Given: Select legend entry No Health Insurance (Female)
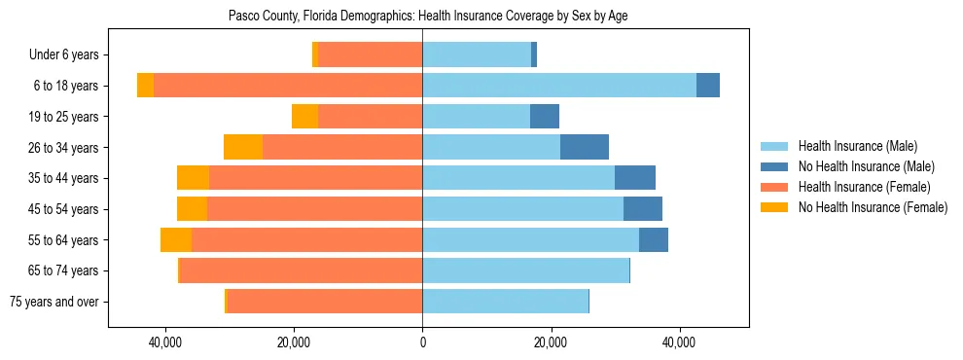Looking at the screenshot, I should pyautogui.click(x=873, y=207).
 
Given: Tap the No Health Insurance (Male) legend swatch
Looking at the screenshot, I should pyautogui.click(x=774, y=166).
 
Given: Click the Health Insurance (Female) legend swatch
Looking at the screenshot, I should pyautogui.click(x=774, y=187).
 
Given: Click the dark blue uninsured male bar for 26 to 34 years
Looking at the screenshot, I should pyautogui.click(x=585, y=147).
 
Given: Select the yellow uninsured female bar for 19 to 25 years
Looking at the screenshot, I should pyautogui.click(x=304, y=117).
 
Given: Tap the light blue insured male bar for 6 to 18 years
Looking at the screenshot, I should pyautogui.click(x=559, y=86).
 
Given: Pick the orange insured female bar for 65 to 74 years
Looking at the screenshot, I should pyautogui.click(x=301, y=270).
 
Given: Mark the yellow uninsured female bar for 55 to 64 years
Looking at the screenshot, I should pyautogui.click(x=176, y=240).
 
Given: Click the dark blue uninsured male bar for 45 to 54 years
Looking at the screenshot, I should pyautogui.click(x=643, y=209).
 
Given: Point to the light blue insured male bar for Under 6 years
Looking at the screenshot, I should pyautogui.click(x=477, y=54).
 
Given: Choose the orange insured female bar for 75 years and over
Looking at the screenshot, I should pyautogui.click(x=324, y=302).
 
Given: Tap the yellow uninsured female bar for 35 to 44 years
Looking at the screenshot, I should pyautogui.click(x=193, y=178).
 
